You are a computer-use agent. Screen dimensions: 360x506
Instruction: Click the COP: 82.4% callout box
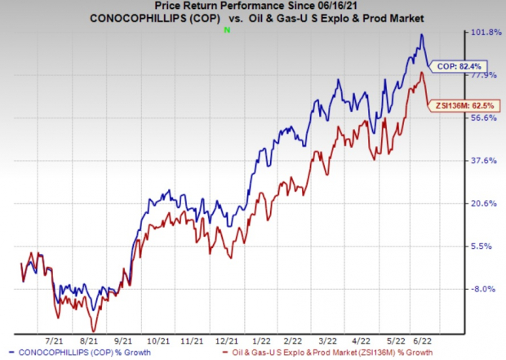click(x=449, y=65)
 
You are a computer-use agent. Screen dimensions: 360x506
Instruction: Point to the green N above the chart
click(x=227, y=30)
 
